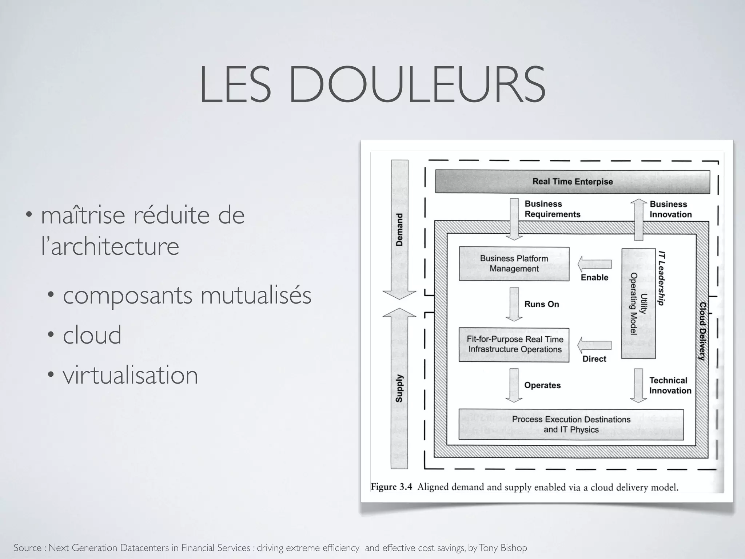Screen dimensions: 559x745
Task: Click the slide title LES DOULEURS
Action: pos(372,84)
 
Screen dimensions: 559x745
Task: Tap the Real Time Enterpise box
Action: pos(572,181)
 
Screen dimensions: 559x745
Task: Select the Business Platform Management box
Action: pos(514,263)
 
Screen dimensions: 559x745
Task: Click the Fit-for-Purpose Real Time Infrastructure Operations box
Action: pos(514,344)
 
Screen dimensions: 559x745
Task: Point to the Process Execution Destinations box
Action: pos(571,424)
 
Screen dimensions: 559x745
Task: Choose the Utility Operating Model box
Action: pos(638,304)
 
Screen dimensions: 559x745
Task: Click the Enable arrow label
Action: pos(594,277)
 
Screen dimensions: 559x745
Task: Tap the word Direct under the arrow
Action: pos(594,359)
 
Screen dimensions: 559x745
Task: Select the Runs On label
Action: pos(541,304)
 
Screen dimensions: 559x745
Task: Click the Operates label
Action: pos(542,385)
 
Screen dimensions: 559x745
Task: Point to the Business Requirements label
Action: pos(552,209)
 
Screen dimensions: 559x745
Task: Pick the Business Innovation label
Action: pos(670,209)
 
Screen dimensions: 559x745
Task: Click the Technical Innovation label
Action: pos(670,385)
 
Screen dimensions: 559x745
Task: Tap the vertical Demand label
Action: pos(399,230)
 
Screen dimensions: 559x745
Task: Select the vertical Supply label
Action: pos(399,388)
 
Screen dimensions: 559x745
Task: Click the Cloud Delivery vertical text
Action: pos(702,331)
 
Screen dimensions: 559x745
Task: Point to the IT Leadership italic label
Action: pos(662,278)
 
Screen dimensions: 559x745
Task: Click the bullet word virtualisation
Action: pos(130,375)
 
